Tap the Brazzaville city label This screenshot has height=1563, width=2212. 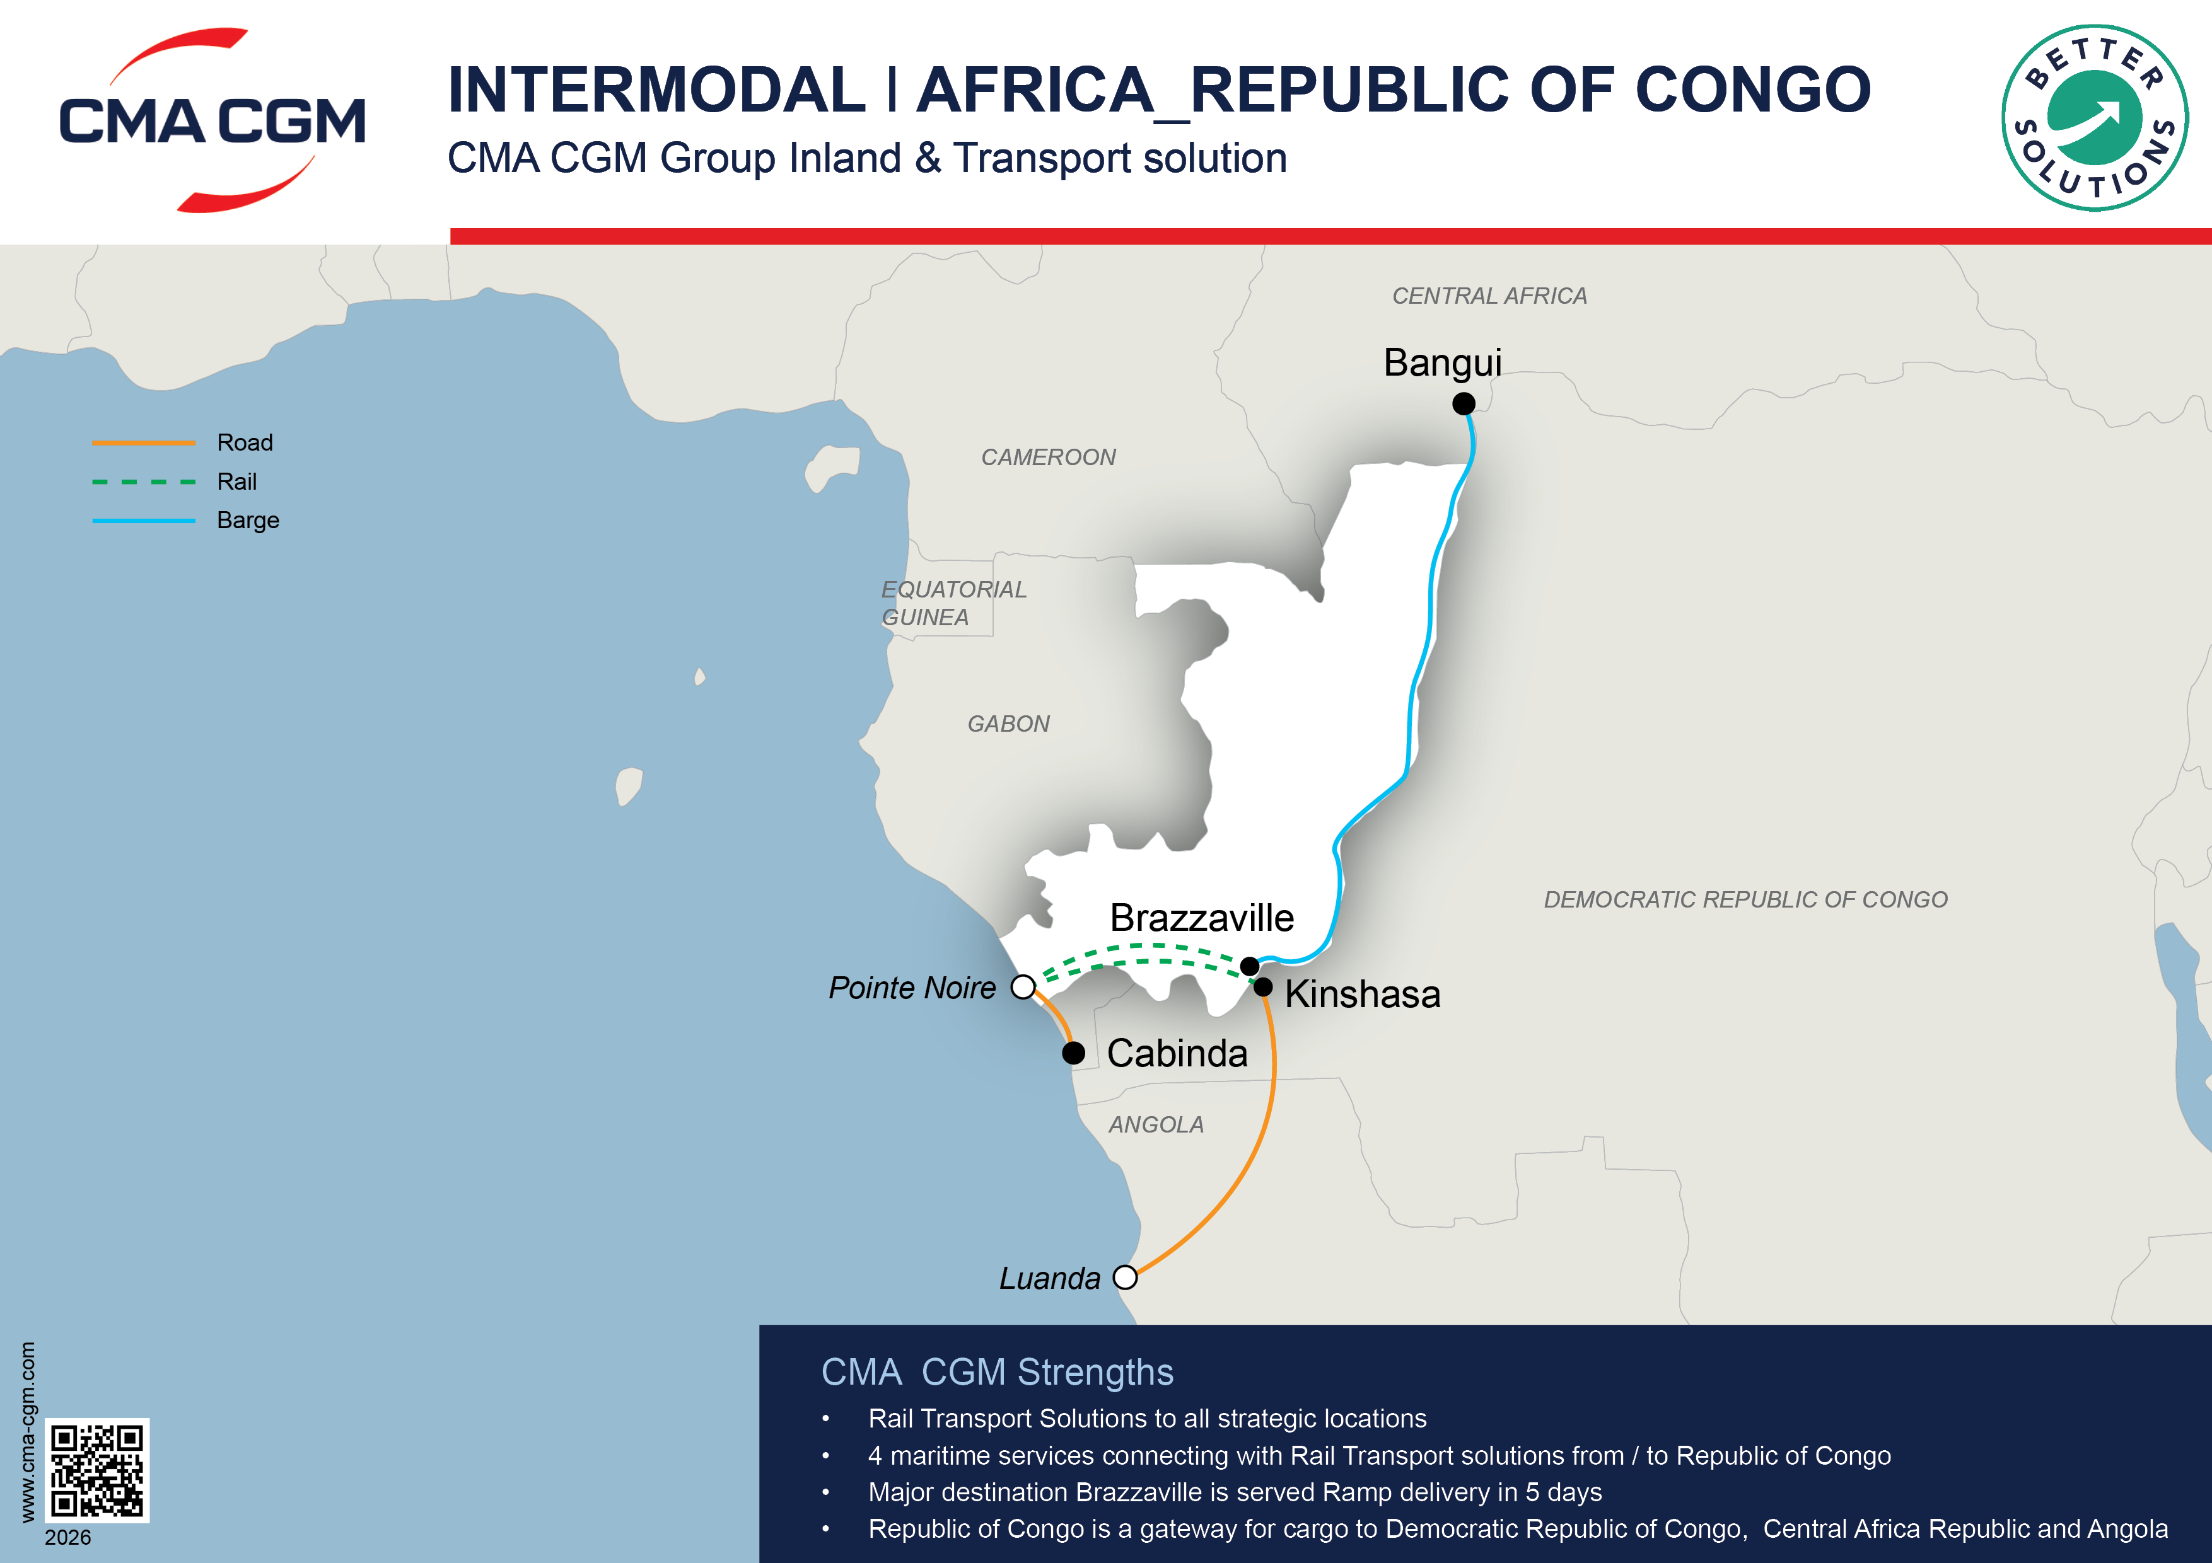pos(1201,918)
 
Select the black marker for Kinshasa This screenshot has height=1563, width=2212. pos(1263,987)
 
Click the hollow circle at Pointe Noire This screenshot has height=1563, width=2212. pos(1023,987)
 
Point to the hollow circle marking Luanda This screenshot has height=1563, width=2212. pos(1124,1278)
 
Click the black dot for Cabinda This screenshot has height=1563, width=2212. pos(1073,1053)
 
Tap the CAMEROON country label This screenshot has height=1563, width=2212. pos(1048,458)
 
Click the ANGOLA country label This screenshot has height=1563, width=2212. pos(1156,1125)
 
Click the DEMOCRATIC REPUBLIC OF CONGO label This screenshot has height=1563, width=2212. pos(1745,899)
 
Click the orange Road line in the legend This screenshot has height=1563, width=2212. pos(144,443)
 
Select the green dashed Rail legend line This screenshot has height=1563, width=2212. pos(144,482)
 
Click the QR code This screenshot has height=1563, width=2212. pos(97,1470)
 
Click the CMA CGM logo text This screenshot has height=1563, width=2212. pos(212,122)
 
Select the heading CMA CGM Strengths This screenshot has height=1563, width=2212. pos(997,1372)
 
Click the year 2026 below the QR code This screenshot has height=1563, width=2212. pos(67,1537)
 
